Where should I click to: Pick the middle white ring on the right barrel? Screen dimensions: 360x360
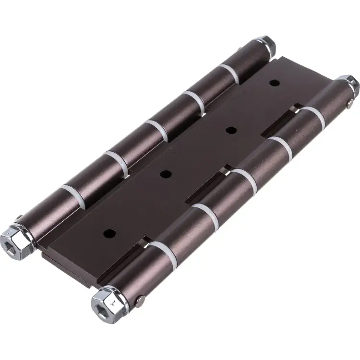tap(244, 177)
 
